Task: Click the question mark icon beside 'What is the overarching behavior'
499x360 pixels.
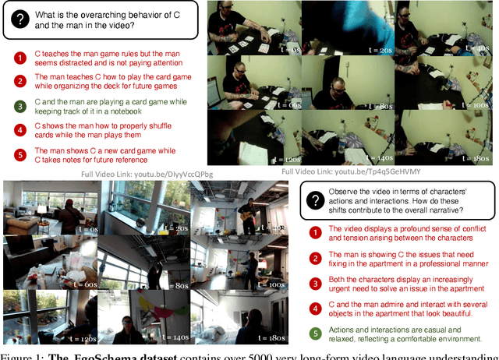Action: tap(20, 19)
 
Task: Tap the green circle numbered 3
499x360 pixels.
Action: tap(20, 107)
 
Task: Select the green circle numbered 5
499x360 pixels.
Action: tap(315, 334)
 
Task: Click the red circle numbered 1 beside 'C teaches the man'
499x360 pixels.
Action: tap(20, 58)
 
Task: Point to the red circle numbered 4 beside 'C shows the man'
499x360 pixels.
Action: tap(20, 130)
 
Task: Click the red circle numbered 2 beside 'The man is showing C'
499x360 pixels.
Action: tap(315, 259)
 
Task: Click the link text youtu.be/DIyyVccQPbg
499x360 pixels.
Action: tap(173, 175)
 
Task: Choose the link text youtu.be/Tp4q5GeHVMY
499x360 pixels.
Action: tap(377, 171)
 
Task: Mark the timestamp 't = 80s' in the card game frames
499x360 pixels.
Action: tap(380, 106)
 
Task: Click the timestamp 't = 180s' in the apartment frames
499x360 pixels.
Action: tap(271, 338)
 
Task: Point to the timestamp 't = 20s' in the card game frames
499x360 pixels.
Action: tap(380, 50)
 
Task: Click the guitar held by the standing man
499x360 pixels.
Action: tap(246, 215)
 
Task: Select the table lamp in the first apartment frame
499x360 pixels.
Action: tap(41, 212)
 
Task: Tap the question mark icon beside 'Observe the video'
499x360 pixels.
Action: tap(315, 200)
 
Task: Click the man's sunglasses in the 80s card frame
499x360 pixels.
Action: tap(338, 90)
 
